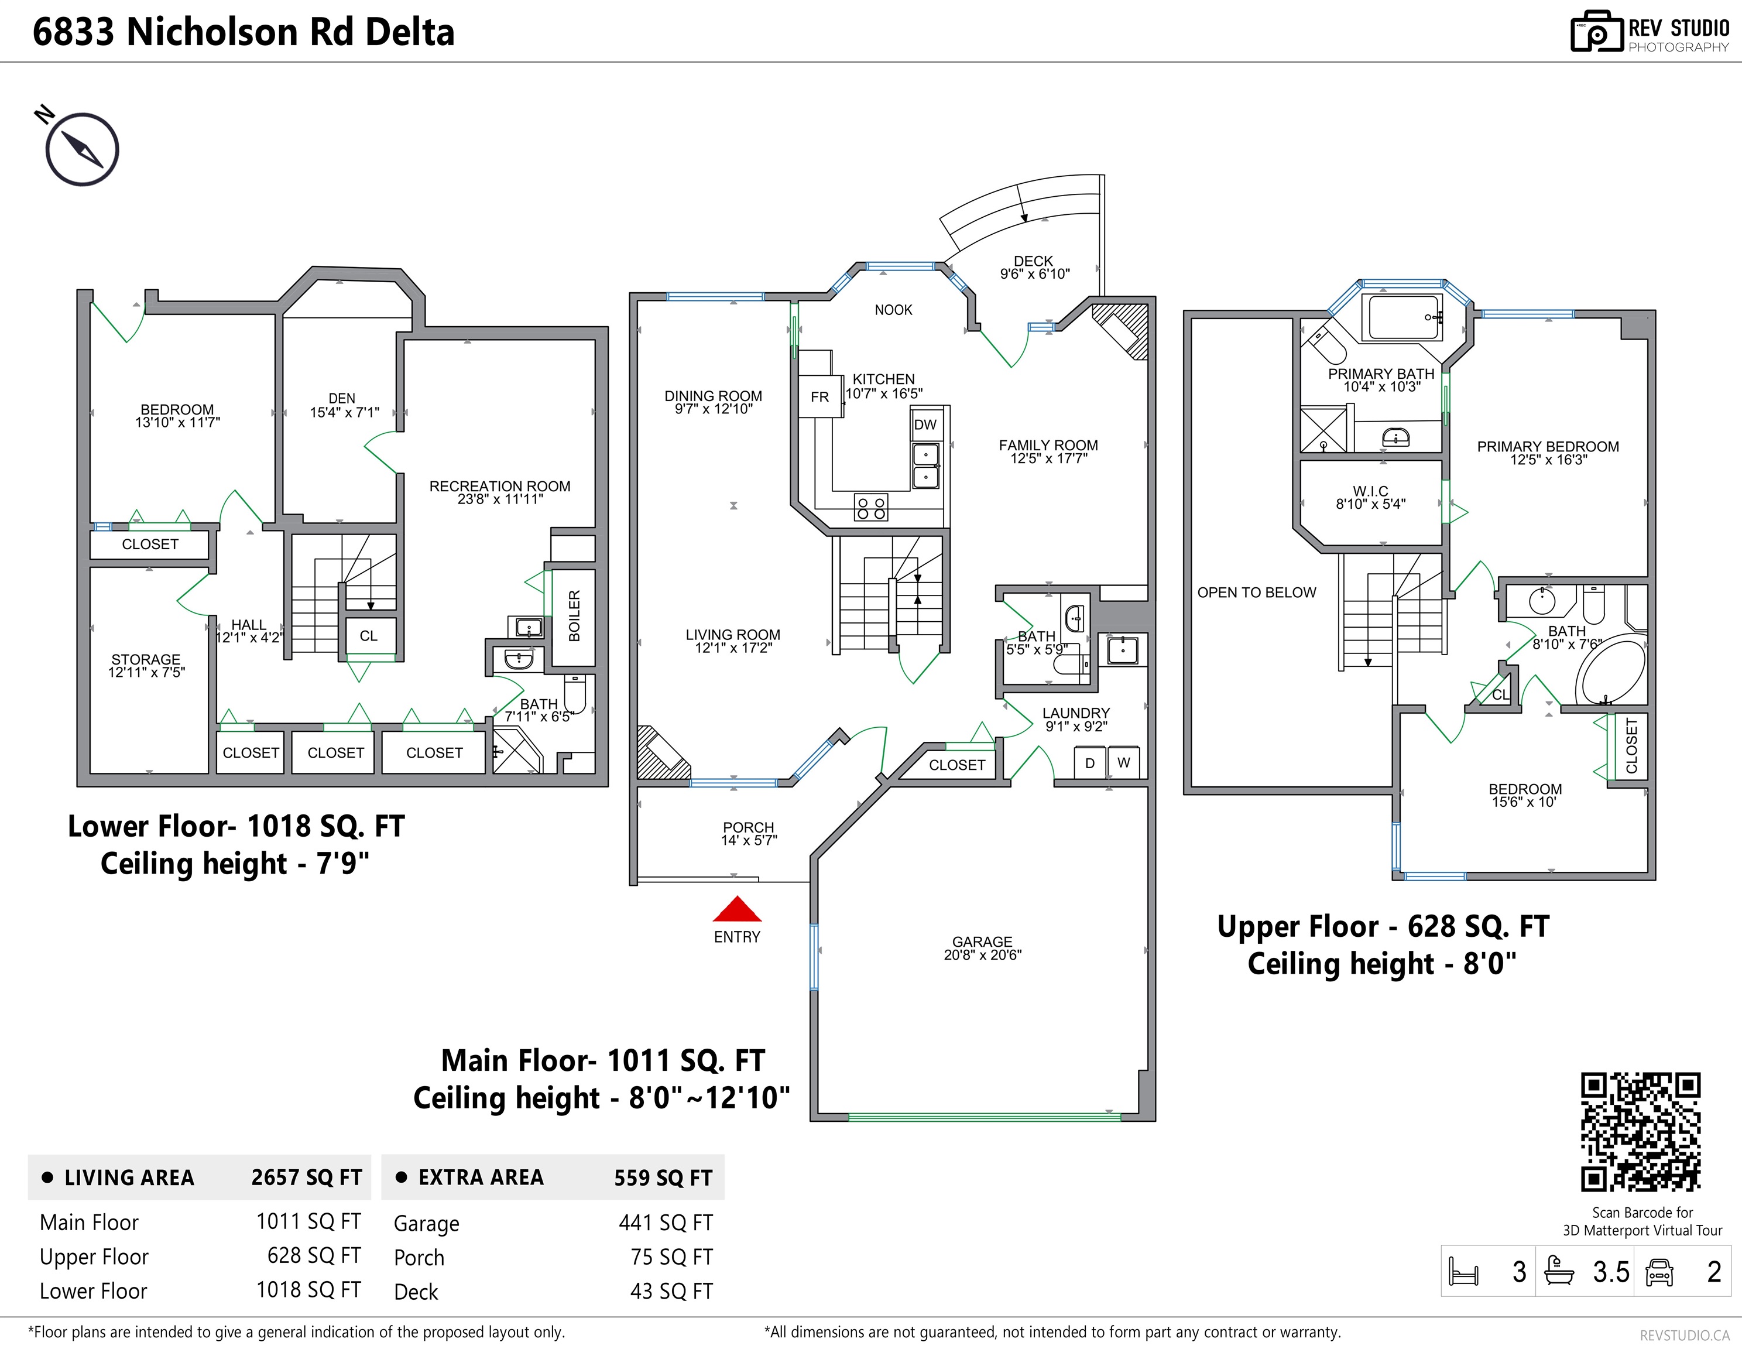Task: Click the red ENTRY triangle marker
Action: pyautogui.click(x=737, y=909)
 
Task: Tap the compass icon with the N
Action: pyautogui.click(x=80, y=148)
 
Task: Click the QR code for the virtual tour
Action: pyautogui.click(x=1641, y=1132)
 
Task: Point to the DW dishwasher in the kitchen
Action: pyautogui.click(x=925, y=424)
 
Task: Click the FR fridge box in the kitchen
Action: pyautogui.click(x=820, y=396)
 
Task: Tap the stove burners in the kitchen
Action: pyautogui.click(x=870, y=508)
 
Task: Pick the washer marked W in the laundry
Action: pyautogui.click(x=1123, y=763)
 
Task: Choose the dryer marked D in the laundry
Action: pyautogui.click(x=1089, y=763)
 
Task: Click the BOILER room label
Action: pyautogui.click(x=574, y=616)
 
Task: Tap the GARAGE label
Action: pyautogui.click(x=982, y=941)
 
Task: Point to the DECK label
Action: pyautogui.click(x=1033, y=261)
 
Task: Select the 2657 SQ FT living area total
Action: pyautogui.click(x=306, y=1177)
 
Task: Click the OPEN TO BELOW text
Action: pyautogui.click(x=1256, y=592)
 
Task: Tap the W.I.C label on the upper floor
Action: pyautogui.click(x=1370, y=491)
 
